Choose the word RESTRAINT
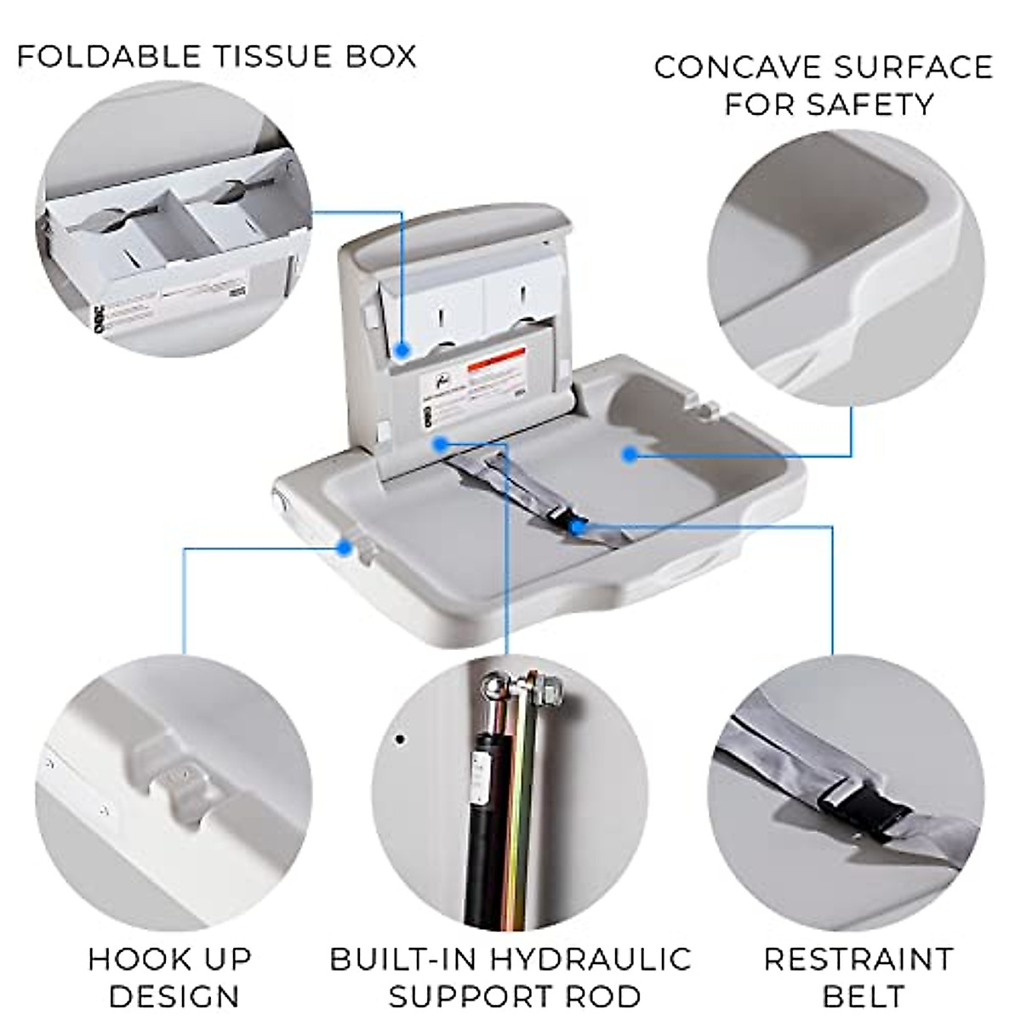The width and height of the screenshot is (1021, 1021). pos(858,959)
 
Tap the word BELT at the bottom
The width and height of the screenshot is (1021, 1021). pos(858,995)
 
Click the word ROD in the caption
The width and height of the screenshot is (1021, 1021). pos(605,995)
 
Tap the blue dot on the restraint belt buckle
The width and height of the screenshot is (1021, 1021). pos(578,528)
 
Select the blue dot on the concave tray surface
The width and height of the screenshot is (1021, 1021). pos(629,454)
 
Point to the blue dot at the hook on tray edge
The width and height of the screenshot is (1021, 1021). pos(344,547)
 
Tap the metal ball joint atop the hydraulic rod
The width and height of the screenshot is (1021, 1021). pos(492,687)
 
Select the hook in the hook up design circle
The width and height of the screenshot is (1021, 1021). pos(178,779)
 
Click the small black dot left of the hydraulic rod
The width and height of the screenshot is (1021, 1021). pos(400,739)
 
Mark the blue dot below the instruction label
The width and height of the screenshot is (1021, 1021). pos(440,443)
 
